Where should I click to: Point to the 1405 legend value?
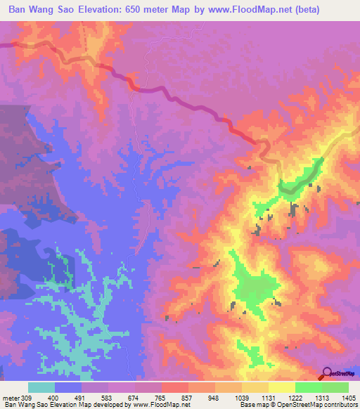[x=349, y=398]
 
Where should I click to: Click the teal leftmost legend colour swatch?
[x=41, y=387]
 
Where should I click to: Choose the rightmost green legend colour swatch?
[x=335, y=387]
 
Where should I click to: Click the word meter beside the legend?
[x=12, y=398]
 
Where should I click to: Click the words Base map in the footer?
[x=250, y=405]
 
